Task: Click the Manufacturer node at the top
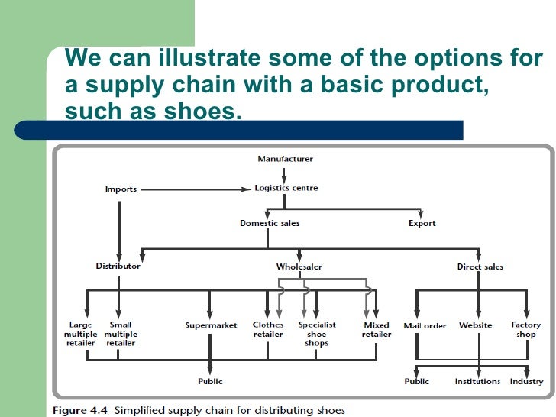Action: click(285, 159)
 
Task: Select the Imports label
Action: click(121, 189)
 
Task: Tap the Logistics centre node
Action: click(286, 188)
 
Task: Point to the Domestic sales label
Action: click(270, 223)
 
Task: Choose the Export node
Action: click(422, 223)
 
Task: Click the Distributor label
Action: click(118, 267)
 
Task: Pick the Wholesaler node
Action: click(299, 267)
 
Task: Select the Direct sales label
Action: click(480, 267)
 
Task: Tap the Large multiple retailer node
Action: click(81, 334)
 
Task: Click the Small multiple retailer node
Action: click(121, 334)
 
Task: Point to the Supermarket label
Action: click(212, 325)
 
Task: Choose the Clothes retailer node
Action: click(268, 329)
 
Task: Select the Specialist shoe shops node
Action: click(316, 334)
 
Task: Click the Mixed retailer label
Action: click(377, 329)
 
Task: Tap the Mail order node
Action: click(425, 326)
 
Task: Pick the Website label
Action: click(475, 325)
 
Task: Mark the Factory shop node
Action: click(526, 329)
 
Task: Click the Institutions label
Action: click(477, 381)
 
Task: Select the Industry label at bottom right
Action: click(526, 381)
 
